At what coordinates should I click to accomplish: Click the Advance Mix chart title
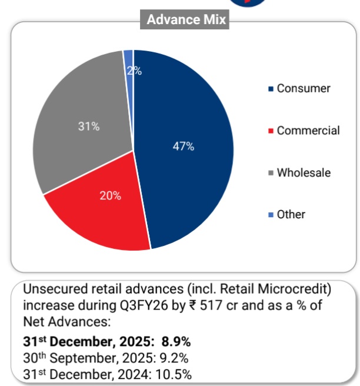186,19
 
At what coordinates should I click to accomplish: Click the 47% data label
184,147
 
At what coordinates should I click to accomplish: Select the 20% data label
111,196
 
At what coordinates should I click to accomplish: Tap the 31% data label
89,126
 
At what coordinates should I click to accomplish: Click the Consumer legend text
304,89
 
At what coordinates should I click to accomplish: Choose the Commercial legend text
308,131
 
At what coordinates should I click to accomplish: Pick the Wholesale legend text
304,173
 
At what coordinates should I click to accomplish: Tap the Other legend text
291,215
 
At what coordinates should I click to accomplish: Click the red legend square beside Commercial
271,131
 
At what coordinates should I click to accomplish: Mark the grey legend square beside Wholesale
271,174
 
